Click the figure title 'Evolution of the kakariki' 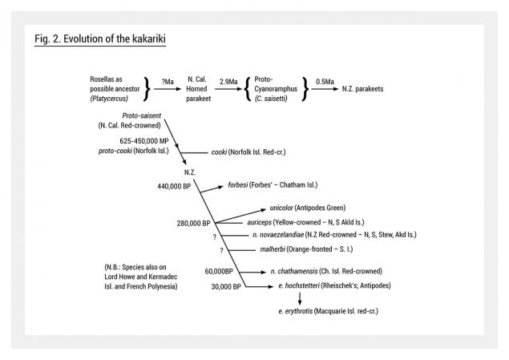115,38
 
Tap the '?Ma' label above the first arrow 168,82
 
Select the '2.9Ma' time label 228,82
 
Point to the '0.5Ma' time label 325,82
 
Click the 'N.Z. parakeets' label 362,89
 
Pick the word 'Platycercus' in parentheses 109,99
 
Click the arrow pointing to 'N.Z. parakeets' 325,89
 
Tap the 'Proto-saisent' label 142,115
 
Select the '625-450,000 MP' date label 144,141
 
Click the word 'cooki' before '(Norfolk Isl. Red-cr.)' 219,152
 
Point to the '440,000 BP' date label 174,186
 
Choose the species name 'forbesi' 237,184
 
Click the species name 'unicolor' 281,208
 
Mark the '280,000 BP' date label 193,224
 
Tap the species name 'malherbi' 273,249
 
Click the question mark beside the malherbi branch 221,251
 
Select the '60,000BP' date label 219,271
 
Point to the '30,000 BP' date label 226,286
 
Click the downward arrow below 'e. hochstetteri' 300,298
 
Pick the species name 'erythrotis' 299,311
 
